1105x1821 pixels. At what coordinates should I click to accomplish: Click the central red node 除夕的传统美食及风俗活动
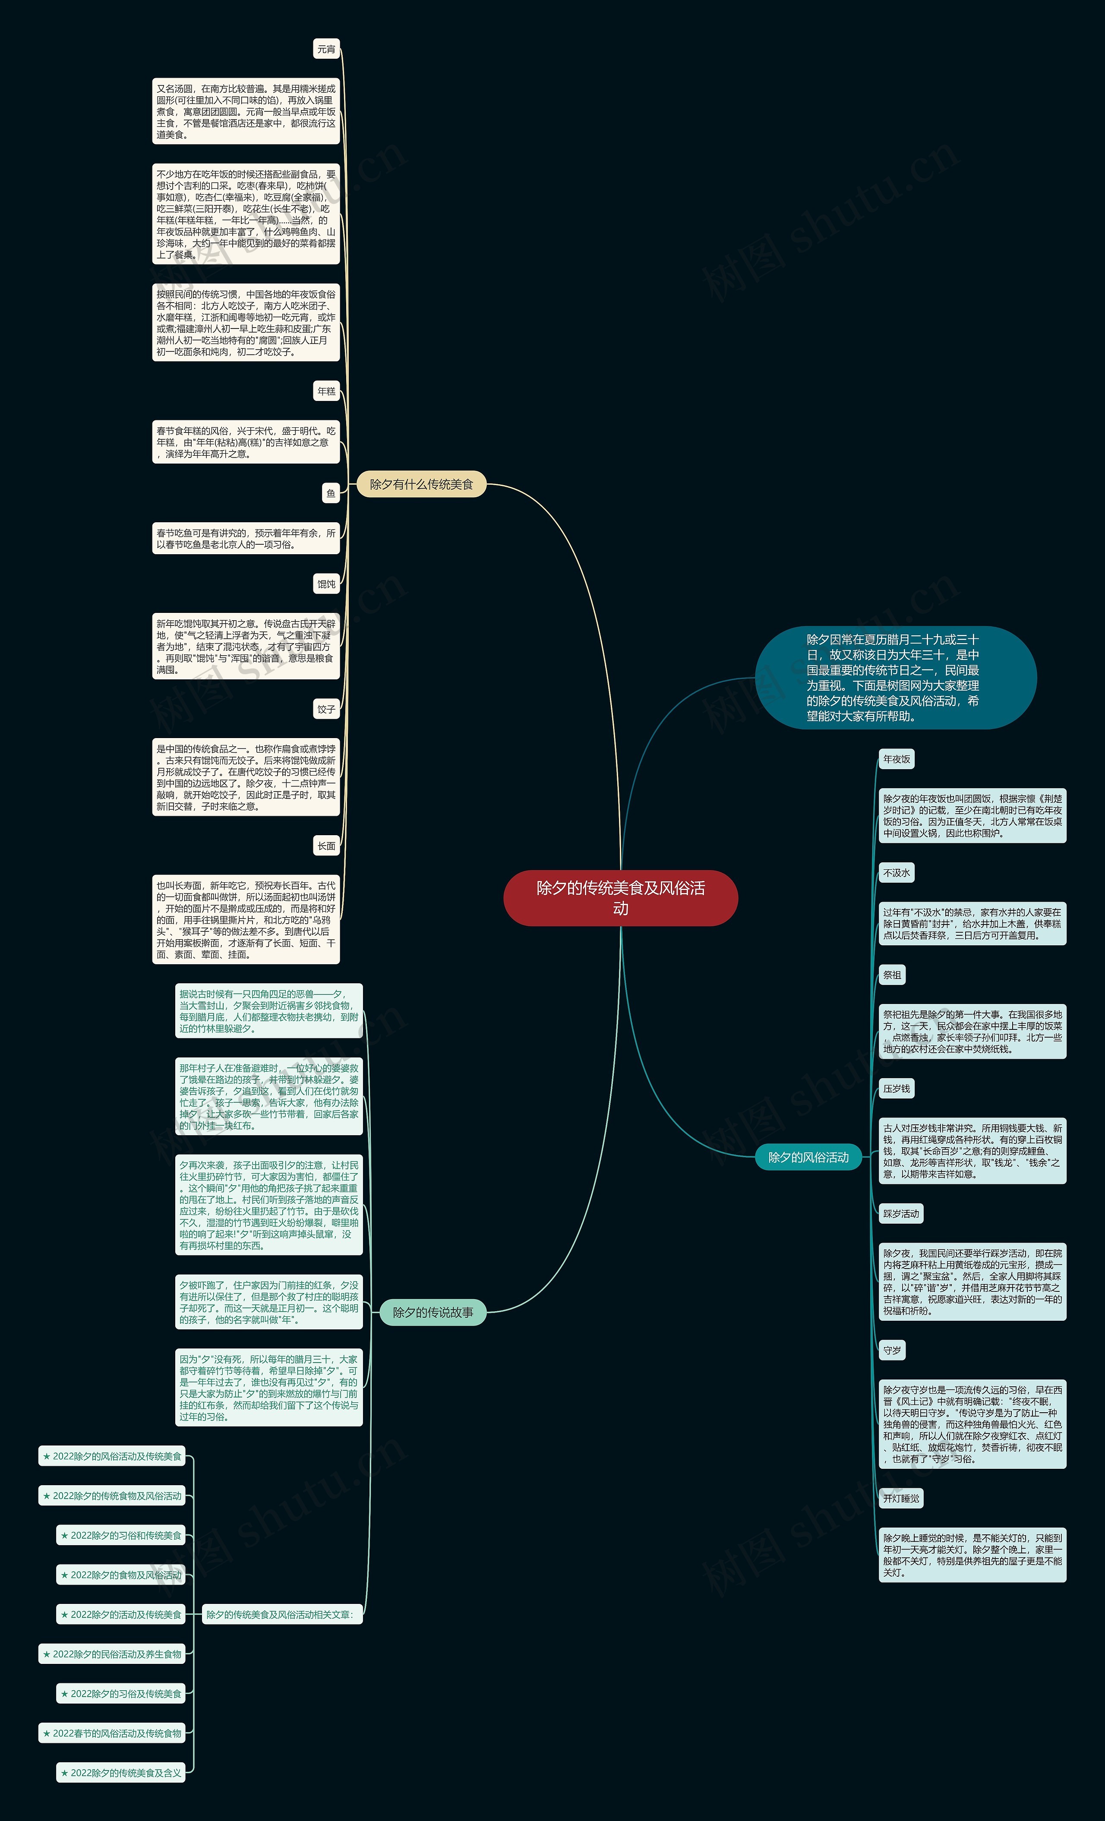point(620,898)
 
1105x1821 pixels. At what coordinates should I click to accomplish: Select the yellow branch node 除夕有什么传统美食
point(421,484)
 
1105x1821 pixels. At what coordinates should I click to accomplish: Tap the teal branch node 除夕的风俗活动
point(808,1157)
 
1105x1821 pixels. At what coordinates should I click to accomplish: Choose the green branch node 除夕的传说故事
point(433,1312)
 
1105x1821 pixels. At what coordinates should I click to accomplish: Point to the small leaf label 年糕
point(326,391)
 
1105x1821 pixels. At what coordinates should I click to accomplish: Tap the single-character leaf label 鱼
point(330,493)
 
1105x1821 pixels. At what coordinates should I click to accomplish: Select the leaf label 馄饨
point(326,584)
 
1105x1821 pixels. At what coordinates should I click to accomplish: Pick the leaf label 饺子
point(326,709)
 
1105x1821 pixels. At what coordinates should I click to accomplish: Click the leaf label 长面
point(326,846)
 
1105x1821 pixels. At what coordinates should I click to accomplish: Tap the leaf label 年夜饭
point(897,759)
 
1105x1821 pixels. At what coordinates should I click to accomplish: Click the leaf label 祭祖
point(892,975)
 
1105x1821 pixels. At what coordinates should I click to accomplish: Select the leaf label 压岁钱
point(897,1089)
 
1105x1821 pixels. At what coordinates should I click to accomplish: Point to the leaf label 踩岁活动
point(901,1214)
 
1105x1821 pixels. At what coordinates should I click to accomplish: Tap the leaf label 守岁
point(892,1350)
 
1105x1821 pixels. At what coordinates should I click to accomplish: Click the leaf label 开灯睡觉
point(901,1498)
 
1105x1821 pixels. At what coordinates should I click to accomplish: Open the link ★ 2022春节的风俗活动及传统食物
point(112,1733)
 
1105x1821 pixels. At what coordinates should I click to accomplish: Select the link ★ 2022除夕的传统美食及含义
point(121,1772)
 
